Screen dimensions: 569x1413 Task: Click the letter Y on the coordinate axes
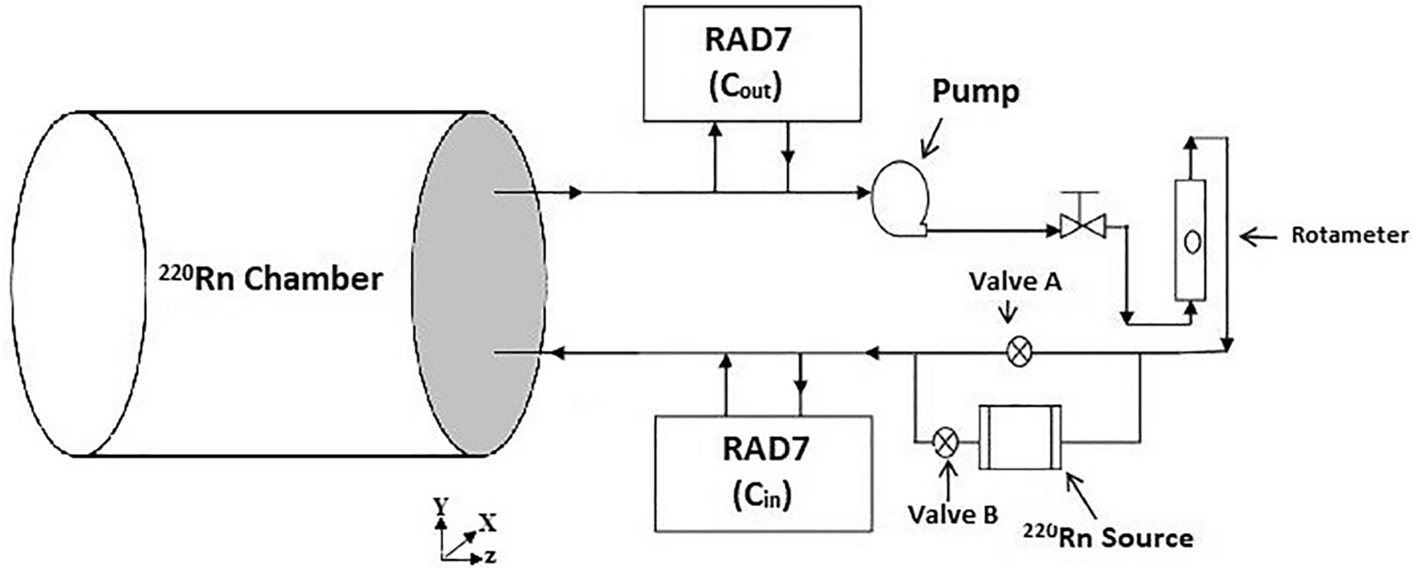coord(439,507)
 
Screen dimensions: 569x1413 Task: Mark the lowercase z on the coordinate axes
coord(491,557)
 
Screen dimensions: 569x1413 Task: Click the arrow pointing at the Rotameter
coord(1260,237)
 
